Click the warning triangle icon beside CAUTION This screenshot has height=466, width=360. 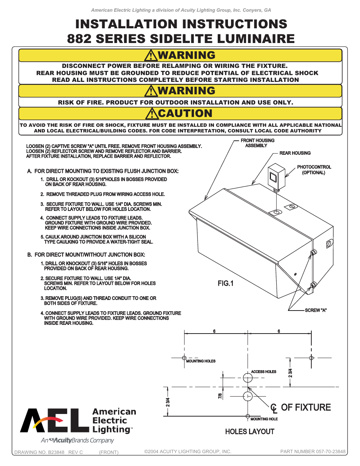point(152,114)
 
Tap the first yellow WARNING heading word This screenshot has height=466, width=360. point(186,55)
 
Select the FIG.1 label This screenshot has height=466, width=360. point(225,283)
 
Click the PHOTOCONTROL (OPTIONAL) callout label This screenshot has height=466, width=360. point(314,170)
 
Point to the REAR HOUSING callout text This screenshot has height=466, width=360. point(295,153)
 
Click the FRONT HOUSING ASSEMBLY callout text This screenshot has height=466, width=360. point(257,143)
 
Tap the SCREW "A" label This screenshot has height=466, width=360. point(315,310)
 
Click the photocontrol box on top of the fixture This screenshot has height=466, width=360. point(276,175)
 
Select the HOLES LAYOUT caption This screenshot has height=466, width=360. point(249,432)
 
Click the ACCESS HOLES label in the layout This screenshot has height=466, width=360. point(263,372)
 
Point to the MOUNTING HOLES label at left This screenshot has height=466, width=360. point(201,361)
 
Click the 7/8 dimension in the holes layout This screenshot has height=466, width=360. point(220,396)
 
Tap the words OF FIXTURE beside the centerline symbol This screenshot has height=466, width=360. point(306,408)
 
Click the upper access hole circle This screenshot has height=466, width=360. point(248,377)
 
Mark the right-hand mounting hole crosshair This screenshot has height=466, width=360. point(311,358)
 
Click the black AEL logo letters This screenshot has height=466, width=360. point(55,420)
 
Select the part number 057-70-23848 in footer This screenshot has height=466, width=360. point(313,452)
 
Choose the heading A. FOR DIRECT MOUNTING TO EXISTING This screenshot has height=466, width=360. point(103,171)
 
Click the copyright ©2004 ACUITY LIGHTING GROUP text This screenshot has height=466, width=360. point(188,452)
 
